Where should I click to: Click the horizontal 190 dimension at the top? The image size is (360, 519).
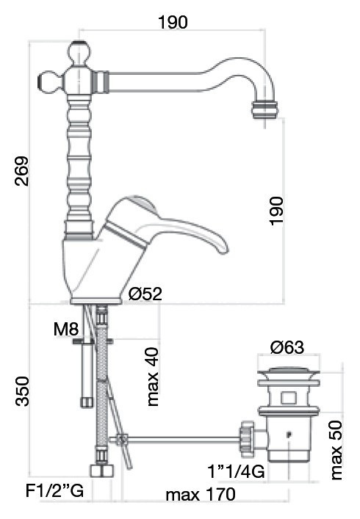pyautogui.click(x=173, y=22)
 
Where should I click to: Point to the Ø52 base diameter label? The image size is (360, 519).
pyautogui.click(x=145, y=294)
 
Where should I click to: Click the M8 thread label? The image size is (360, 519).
pyautogui.click(x=65, y=330)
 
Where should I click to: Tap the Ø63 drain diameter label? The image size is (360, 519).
pyautogui.click(x=287, y=346)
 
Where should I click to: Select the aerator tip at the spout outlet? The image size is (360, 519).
pyautogui.click(x=264, y=110)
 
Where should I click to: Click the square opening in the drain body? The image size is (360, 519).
pyautogui.click(x=288, y=399)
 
